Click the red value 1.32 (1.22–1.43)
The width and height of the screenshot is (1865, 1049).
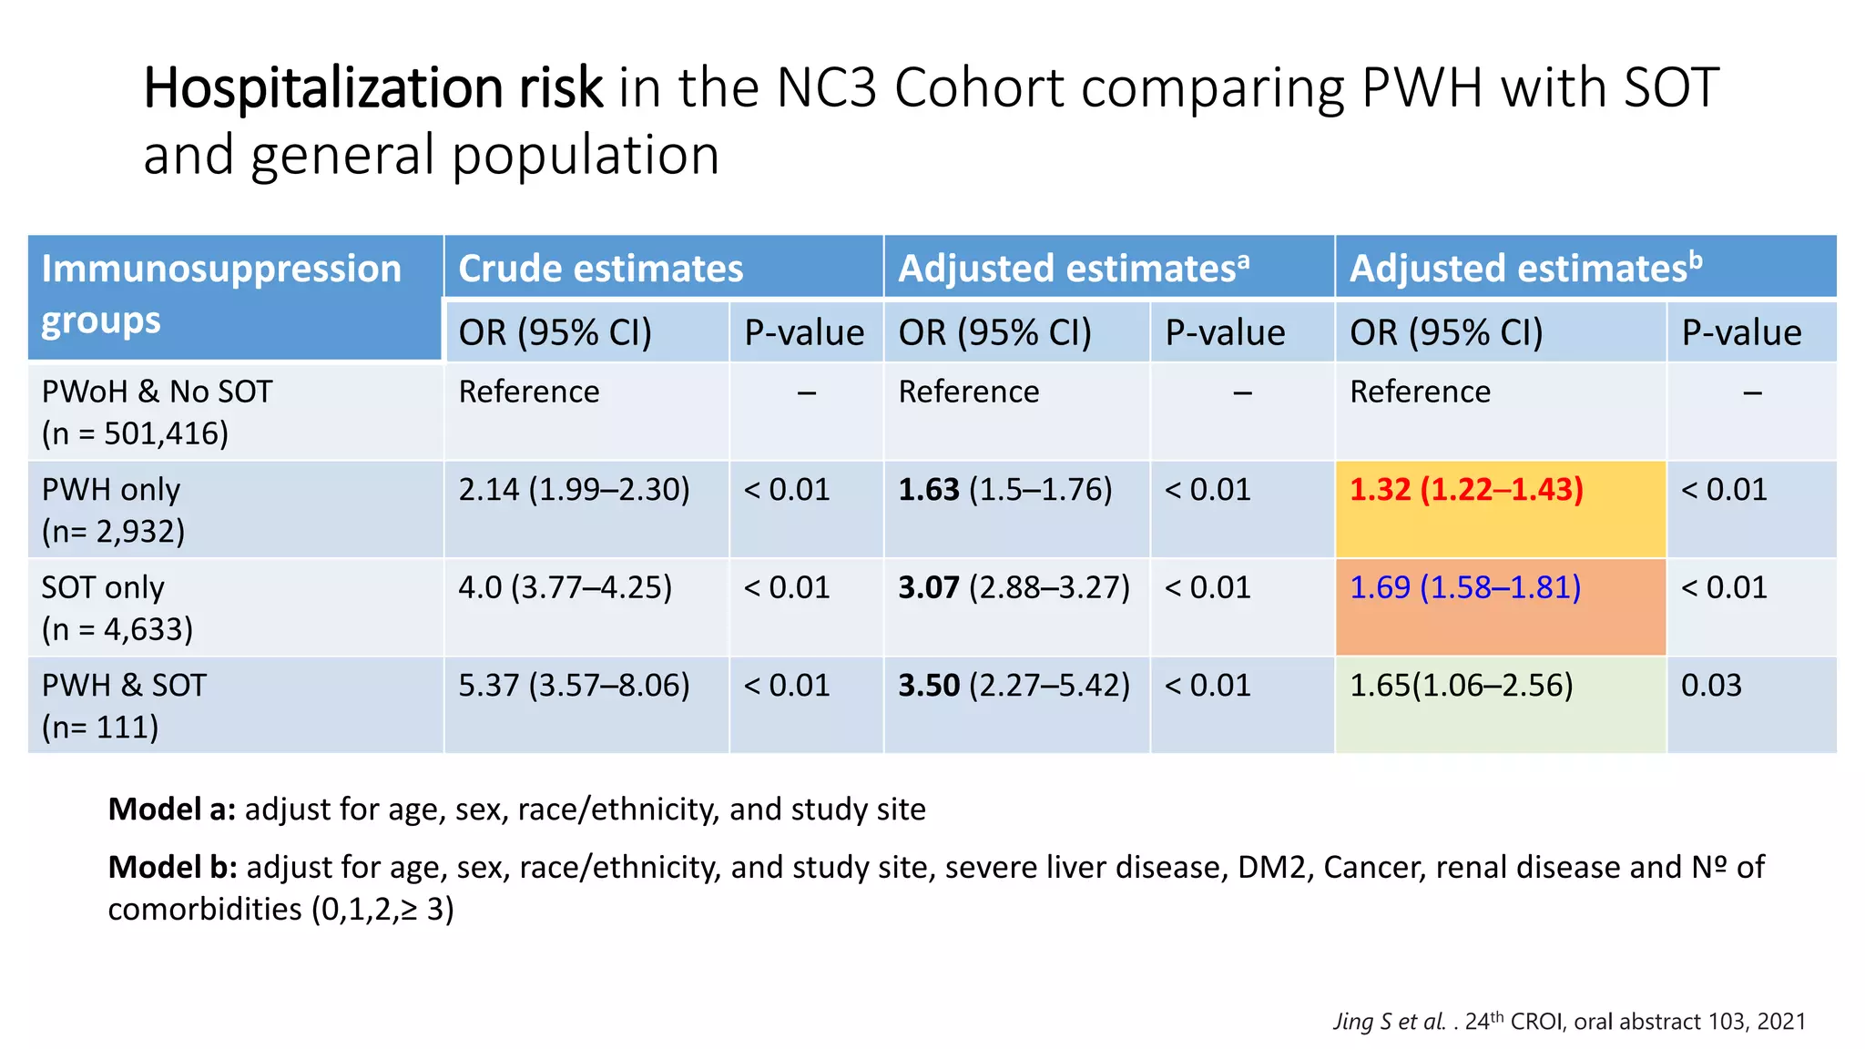click(1466, 490)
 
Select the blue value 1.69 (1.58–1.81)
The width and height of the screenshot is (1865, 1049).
click(1464, 587)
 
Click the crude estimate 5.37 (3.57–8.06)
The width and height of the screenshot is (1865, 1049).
click(574, 686)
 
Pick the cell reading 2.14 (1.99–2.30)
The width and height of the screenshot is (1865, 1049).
click(574, 490)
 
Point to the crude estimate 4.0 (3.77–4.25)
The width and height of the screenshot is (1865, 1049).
click(565, 587)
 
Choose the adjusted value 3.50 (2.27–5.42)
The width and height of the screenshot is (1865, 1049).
click(1014, 686)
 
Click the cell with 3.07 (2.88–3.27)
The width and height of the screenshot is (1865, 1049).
click(1014, 587)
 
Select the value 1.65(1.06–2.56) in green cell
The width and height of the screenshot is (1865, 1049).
click(1461, 686)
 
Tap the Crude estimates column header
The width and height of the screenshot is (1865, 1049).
click(601, 269)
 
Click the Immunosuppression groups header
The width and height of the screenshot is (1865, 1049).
click(221, 294)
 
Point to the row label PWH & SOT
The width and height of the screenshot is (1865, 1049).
click(124, 686)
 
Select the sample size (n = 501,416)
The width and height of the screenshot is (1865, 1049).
click(135, 433)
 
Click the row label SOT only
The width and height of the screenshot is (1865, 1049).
click(103, 587)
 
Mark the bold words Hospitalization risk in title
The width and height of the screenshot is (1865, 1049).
click(372, 88)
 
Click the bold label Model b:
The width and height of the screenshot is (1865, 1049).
click(172, 867)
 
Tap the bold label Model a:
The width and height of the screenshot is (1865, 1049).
click(171, 809)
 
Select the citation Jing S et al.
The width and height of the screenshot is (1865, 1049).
click(1390, 1022)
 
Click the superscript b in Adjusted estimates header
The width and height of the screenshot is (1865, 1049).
click(1696, 260)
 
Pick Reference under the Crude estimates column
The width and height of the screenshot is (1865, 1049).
click(528, 392)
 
